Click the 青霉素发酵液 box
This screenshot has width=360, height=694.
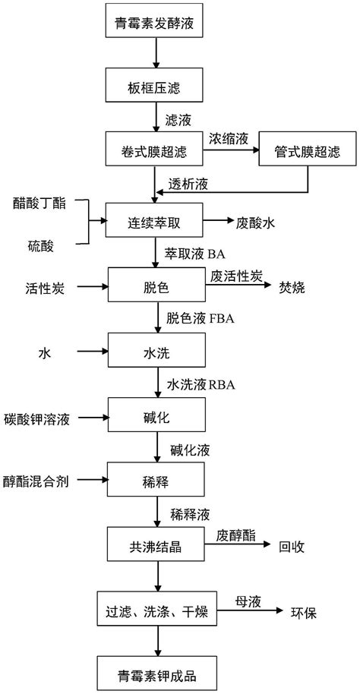[x=154, y=21]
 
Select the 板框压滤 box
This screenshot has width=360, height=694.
[x=154, y=84]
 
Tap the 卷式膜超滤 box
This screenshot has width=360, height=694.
[x=154, y=149]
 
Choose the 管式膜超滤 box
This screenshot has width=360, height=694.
[x=308, y=149]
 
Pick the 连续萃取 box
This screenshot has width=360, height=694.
[x=154, y=220]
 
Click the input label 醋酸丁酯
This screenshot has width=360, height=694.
[x=38, y=204]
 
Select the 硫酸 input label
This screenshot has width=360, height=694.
[x=38, y=246]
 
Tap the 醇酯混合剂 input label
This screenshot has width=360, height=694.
[x=36, y=481]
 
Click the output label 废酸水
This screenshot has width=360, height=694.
[x=254, y=223]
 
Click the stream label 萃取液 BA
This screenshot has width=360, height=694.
[x=196, y=254]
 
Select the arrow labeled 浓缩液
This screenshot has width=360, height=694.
[x=231, y=150]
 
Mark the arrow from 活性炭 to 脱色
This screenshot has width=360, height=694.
[x=93, y=287]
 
